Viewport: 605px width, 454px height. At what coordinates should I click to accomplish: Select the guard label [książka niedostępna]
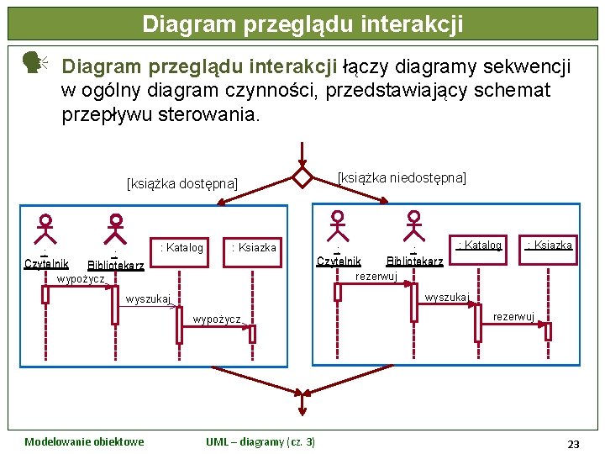[402, 178]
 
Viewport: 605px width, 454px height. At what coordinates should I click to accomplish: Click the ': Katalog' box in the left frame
[181, 248]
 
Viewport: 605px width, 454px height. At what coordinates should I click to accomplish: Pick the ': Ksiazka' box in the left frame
[254, 248]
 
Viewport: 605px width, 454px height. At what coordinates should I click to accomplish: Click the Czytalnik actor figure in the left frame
[45, 229]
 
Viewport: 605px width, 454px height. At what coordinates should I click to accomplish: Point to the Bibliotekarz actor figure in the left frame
[116, 229]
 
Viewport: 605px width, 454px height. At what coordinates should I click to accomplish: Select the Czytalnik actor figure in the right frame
[338, 225]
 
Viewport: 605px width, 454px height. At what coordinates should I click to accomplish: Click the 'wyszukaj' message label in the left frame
[148, 298]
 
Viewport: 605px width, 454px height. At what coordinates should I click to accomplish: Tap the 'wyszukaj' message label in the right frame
[447, 297]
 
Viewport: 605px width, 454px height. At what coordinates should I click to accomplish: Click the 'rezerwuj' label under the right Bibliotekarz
[376, 276]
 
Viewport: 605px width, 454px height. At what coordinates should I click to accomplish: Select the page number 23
[573, 443]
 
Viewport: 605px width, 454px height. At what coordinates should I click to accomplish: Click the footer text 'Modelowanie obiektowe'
[84, 442]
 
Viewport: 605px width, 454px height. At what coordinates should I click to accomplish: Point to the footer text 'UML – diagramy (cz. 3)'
[260, 442]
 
